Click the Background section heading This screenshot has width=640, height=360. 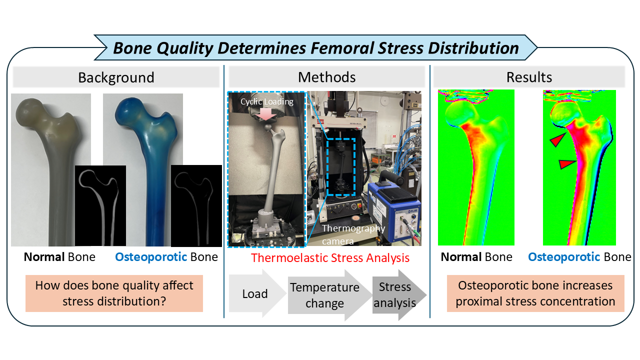click(116, 77)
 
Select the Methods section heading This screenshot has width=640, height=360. click(327, 77)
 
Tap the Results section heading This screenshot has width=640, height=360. click(529, 77)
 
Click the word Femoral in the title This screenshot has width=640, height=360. click(341, 48)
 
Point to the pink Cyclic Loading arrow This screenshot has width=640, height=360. click(266, 114)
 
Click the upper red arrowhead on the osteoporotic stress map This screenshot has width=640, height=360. click(558, 139)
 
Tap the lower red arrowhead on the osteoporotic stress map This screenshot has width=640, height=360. click(567, 164)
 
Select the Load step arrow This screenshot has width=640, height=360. click(257, 293)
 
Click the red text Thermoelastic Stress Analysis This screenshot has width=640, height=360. click(330, 257)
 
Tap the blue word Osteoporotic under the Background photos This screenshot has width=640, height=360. click(151, 257)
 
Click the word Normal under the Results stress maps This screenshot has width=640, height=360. click(461, 257)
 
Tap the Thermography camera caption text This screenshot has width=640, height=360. click(353, 234)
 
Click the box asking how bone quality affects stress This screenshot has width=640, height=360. click(114, 293)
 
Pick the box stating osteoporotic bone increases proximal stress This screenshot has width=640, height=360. click(535, 293)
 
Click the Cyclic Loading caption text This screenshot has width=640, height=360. click(267, 101)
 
